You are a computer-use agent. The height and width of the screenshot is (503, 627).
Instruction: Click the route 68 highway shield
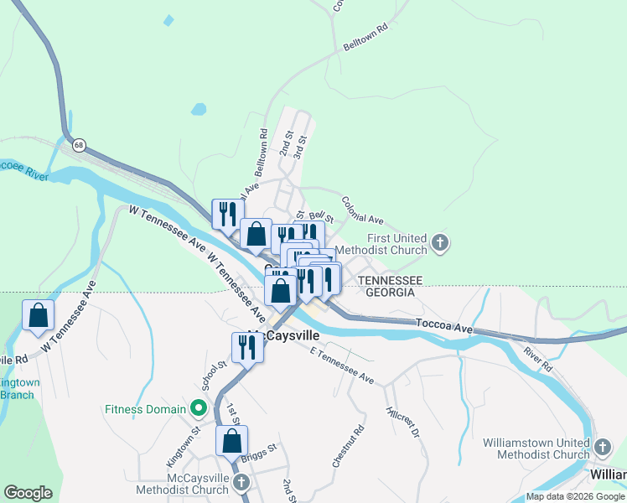click(78, 145)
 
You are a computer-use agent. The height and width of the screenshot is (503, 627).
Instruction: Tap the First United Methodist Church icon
click(442, 244)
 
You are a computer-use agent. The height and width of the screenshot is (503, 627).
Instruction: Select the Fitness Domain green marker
click(198, 410)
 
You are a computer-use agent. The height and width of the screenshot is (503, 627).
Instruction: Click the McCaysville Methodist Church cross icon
click(241, 483)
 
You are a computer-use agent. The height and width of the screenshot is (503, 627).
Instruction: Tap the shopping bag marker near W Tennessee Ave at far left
click(38, 316)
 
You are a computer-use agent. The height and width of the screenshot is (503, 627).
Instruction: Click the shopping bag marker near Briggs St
click(231, 440)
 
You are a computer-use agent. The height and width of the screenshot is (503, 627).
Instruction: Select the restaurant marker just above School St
click(247, 347)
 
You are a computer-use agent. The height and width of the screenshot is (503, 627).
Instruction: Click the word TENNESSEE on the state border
click(389, 279)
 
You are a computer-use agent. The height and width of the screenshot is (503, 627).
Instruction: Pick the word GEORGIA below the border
click(386, 293)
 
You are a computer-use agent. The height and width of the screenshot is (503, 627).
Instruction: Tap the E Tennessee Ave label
click(339, 366)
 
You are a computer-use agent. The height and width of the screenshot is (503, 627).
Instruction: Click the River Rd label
click(539, 359)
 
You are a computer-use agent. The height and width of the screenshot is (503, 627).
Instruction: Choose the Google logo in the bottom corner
click(28, 493)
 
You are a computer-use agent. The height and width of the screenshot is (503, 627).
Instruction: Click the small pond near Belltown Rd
click(198, 109)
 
